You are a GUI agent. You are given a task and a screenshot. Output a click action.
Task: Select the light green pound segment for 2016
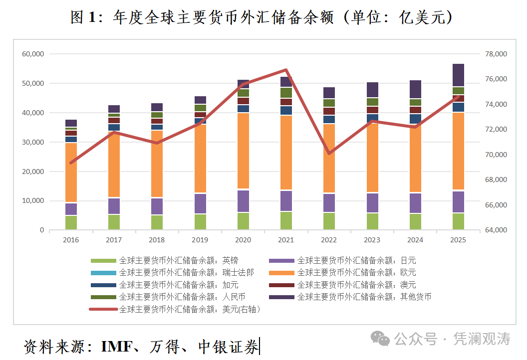pyautogui.click(x=71, y=222)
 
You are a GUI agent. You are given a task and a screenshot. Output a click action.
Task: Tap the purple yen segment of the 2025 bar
pyautogui.click(x=458, y=201)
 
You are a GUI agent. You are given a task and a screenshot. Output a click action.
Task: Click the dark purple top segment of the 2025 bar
pyautogui.click(x=458, y=75)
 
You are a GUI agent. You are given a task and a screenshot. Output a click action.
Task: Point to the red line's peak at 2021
pyautogui.click(x=286, y=70)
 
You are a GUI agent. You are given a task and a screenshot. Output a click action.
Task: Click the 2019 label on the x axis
pyautogui.click(x=200, y=240)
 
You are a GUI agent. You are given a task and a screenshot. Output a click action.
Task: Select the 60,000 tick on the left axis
pyautogui.click(x=33, y=54)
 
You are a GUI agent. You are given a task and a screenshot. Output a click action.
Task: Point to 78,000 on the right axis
pyautogui.click(x=496, y=54)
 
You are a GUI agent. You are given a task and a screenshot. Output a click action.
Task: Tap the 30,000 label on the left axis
pyautogui.click(x=33, y=142)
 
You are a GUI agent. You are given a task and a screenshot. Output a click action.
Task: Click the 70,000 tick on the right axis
pyautogui.click(x=496, y=155)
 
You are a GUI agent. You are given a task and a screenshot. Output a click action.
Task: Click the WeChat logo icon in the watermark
pyautogui.click(x=383, y=339)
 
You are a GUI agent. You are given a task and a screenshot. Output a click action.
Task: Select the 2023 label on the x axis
pyautogui.click(x=372, y=240)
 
